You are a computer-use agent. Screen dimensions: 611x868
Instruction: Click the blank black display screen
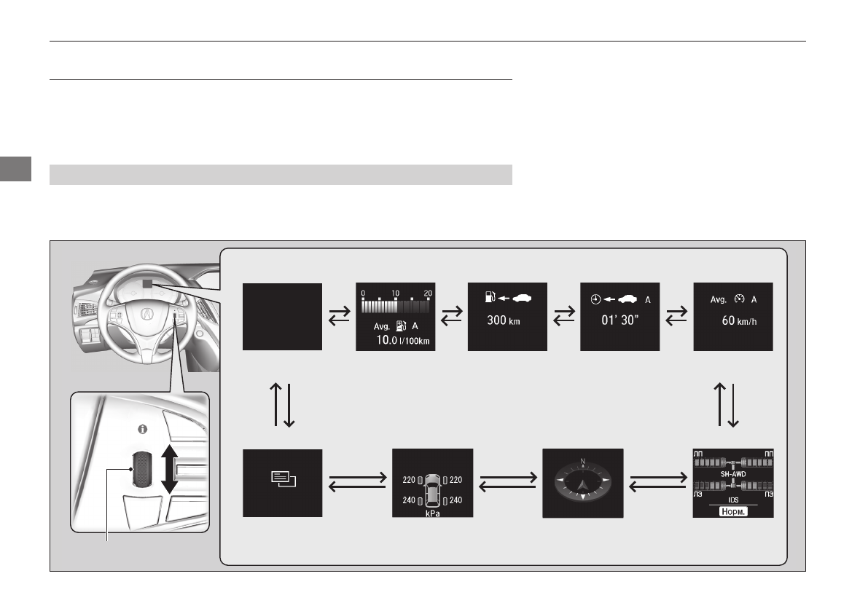[x=282, y=317]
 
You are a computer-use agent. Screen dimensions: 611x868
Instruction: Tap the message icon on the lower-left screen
[x=281, y=478]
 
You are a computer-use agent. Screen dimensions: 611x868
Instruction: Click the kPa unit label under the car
[x=433, y=512]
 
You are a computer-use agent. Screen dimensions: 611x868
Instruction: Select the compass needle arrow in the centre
[x=582, y=481]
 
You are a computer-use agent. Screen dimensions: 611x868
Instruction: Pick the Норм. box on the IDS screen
[x=732, y=511]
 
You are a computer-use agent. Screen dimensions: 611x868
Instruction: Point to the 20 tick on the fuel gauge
[x=429, y=292]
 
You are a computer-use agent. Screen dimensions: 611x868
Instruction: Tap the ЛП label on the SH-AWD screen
[x=700, y=453]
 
